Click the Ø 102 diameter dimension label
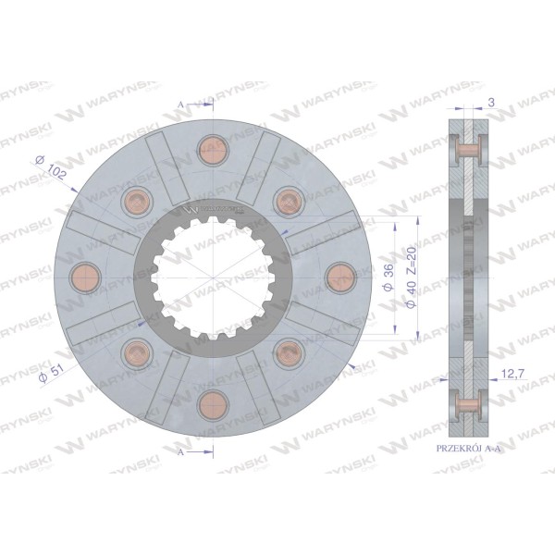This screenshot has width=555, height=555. tap(51, 167)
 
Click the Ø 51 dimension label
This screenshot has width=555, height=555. tap(51, 373)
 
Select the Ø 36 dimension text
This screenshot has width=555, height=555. tap(388, 277)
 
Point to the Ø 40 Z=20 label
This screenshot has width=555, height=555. tap(412, 277)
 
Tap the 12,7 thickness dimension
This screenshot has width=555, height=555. tap(512, 373)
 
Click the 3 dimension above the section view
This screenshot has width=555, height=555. tap(491, 103)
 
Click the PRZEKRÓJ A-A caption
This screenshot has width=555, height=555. tap(469, 449)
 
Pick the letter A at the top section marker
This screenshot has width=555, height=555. tap(181, 105)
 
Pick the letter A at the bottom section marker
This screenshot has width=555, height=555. tap(181, 452)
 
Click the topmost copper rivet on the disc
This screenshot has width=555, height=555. tap(213, 151)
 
